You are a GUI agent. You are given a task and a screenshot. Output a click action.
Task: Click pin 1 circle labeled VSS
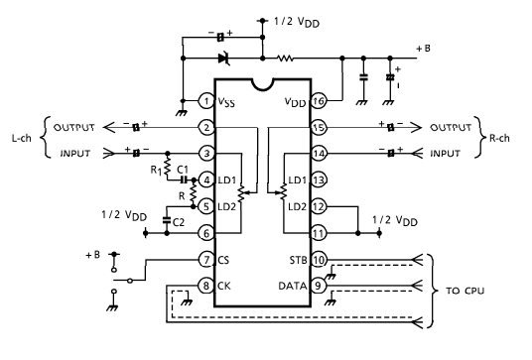205,101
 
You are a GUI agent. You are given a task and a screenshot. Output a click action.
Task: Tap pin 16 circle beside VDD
319,101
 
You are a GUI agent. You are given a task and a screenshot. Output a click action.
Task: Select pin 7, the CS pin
205,260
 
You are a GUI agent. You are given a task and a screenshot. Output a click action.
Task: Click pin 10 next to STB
319,260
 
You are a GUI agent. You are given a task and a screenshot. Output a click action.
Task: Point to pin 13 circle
319,180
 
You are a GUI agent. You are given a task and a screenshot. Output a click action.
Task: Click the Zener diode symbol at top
223,59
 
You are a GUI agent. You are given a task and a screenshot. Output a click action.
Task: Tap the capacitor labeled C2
167,219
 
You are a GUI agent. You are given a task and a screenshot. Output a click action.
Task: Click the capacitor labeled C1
184,180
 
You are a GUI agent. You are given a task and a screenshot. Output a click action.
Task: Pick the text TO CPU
465,291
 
